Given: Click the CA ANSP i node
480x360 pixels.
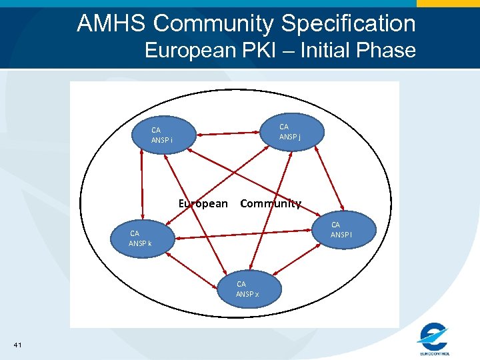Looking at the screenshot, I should point(163,135).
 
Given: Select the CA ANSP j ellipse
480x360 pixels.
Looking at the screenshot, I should point(289,131).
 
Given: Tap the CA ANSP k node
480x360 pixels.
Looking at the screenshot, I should point(141,238).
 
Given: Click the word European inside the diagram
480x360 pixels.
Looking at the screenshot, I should point(203,203).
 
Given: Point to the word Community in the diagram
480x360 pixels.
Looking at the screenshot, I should point(270,203).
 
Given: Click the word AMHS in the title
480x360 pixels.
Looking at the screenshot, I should point(111,23).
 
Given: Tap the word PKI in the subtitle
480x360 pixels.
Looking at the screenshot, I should point(265,50).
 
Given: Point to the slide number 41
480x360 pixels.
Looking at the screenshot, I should point(17,344).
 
